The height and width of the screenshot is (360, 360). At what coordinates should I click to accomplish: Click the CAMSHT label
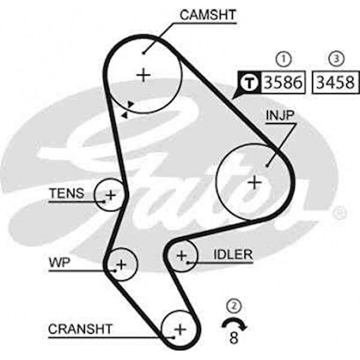(208, 15)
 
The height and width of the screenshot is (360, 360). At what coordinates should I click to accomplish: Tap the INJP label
(280, 115)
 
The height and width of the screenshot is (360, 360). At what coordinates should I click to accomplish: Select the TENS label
(67, 193)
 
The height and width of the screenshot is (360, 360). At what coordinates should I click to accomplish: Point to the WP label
(59, 262)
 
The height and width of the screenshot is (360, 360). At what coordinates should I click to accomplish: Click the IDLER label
(233, 254)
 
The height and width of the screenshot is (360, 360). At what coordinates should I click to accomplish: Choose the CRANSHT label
(80, 329)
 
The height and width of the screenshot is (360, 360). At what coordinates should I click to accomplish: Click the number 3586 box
(283, 82)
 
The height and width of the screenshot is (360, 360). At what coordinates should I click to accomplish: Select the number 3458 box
(335, 82)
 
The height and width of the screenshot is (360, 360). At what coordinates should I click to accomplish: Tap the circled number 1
(284, 59)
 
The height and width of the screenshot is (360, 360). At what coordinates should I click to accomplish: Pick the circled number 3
(337, 59)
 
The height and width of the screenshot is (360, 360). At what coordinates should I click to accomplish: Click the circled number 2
(234, 305)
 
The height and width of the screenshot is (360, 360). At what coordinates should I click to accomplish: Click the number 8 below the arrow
(234, 338)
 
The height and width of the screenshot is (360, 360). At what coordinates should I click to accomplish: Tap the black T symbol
(250, 82)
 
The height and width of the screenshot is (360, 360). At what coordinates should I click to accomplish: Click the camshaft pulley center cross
(143, 75)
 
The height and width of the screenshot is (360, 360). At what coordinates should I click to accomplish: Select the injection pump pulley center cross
(254, 183)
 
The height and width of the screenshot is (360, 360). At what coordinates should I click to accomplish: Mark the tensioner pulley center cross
(110, 196)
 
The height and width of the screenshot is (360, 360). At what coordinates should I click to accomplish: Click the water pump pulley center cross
(121, 265)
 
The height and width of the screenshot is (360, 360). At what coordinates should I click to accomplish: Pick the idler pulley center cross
(182, 256)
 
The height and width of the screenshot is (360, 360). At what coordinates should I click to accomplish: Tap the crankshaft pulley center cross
(180, 329)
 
